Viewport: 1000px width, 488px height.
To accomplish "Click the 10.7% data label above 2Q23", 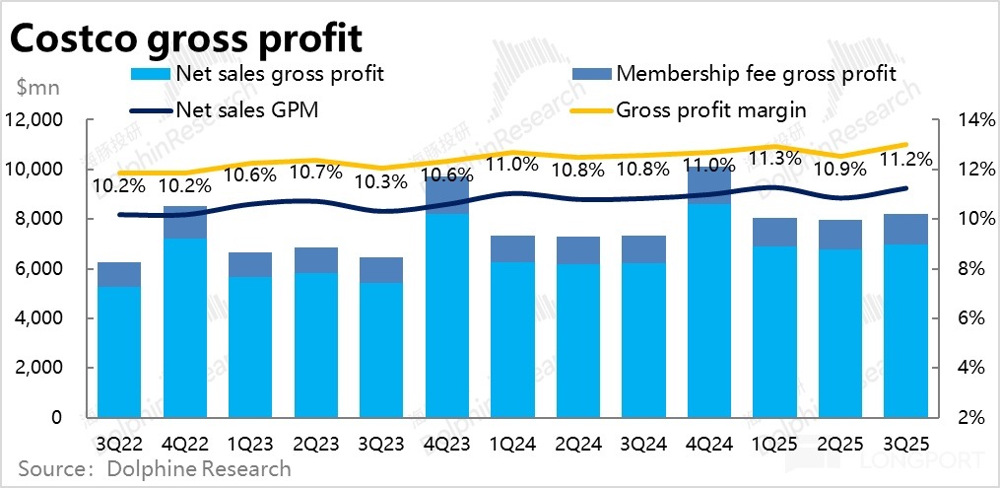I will (x=316, y=172).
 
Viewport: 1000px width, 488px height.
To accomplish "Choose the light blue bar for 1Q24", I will (x=512, y=340).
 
